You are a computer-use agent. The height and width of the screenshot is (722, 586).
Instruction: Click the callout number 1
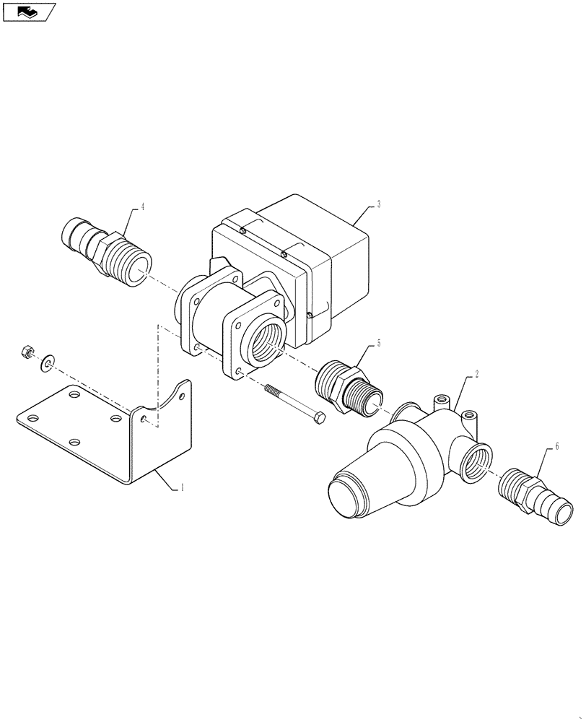tap(183, 488)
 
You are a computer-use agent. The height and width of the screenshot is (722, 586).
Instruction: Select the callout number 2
tap(477, 376)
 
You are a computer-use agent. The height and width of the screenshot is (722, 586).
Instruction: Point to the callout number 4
tap(143, 207)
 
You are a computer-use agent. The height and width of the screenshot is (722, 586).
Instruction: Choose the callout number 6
tap(556, 447)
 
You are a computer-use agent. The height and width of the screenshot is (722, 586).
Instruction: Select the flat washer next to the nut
tap(48, 360)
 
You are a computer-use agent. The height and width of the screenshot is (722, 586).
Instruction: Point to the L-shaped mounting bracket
tap(108, 433)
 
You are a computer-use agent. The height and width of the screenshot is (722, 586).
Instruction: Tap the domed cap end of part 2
tap(346, 499)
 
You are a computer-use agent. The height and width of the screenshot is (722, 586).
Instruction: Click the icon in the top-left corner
tap(29, 12)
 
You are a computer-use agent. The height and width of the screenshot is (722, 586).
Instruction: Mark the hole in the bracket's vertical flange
tap(147, 419)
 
